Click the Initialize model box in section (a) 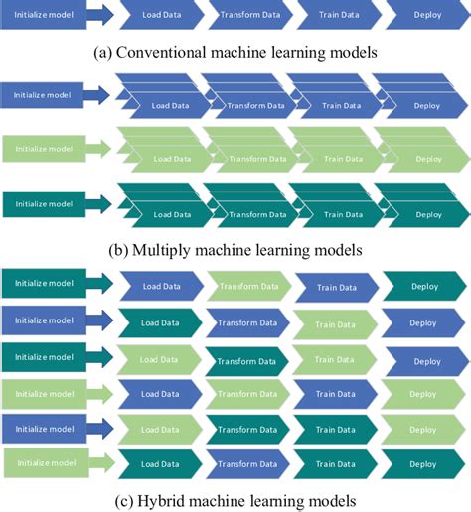(44, 15)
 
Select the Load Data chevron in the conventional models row (162, 15)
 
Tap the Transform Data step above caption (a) (250, 15)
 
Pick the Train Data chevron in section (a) (339, 15)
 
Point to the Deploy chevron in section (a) (428, 15)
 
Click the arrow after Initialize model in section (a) (100, 15)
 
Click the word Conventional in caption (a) (161, 53)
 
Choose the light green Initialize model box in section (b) (44, 149)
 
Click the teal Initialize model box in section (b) (44, 204)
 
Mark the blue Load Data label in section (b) (170, 106)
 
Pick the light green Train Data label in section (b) (343, 159)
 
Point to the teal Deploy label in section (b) (428, 215)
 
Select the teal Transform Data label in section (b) (257, 215)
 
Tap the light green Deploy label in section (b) (428, 159)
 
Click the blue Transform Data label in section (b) (255, 106)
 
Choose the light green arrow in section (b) (98, 149)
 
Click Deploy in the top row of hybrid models (424, 286)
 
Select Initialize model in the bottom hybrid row (47, 463)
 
